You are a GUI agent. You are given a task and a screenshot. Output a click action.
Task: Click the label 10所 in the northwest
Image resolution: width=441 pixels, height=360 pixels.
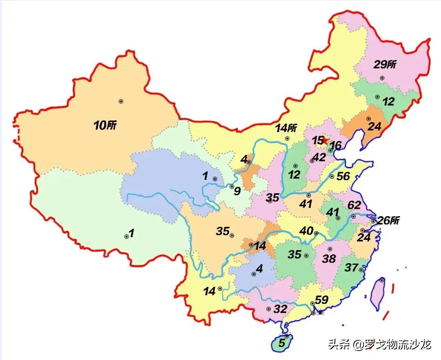105,125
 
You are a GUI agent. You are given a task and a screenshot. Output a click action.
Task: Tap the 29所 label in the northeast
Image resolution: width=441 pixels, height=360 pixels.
385,65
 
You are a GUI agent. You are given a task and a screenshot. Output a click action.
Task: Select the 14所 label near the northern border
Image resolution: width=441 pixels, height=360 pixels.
286,128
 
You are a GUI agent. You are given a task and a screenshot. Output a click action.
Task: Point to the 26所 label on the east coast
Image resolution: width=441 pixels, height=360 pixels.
388,221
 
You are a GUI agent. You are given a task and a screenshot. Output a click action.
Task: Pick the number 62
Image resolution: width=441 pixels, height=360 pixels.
354,205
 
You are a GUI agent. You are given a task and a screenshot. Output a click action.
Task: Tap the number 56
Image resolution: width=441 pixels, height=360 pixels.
344,176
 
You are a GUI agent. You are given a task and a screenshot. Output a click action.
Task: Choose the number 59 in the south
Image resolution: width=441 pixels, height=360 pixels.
322,300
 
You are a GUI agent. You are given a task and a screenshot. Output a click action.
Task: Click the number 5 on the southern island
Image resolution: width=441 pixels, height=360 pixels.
281,344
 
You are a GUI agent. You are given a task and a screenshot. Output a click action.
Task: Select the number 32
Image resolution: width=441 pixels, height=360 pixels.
280,309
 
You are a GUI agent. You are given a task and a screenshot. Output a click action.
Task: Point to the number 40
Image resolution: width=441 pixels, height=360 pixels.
306,231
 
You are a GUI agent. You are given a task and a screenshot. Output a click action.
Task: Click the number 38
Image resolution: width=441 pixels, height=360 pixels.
329,258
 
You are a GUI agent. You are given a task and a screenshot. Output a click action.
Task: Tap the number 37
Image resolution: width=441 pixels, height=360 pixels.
351,268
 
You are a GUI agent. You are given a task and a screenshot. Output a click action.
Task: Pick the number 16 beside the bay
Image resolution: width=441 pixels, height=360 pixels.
335,145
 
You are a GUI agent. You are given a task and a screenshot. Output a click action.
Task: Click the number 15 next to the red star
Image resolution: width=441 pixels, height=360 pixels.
317,140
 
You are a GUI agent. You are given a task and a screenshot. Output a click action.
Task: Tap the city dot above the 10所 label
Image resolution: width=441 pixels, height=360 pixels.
120,101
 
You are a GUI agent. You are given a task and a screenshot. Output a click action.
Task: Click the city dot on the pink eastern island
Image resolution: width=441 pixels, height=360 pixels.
382,280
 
